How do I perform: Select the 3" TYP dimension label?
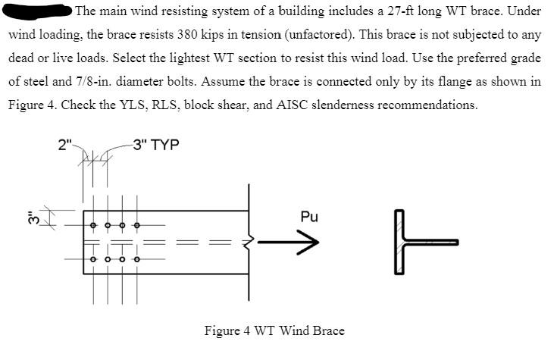pos(155,145)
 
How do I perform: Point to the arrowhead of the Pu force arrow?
pos(309,243)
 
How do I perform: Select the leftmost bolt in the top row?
pos(93,225)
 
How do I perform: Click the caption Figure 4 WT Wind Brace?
pos(274,330)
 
